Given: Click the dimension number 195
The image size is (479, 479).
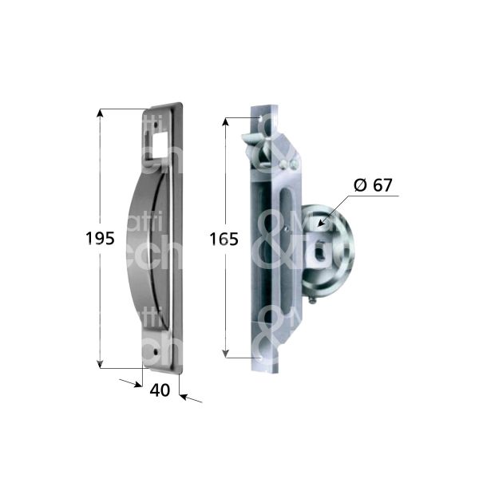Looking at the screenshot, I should (100, 237).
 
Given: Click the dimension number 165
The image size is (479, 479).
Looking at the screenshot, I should (224, 239).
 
